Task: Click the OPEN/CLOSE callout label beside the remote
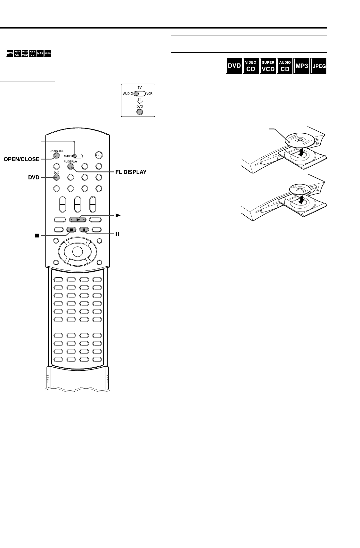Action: pyautogui.click(x=21, y=159)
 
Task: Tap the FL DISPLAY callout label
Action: pyautogui.click(x=130, y=172)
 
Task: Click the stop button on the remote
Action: pyautogui.click(x=72, y=229)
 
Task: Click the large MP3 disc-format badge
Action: pyautogui.click(x=301, y=66)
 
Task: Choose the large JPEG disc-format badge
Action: pyautogui.click(x=319, y=66)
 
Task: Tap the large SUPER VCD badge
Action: pyautogui.click(x=268, y=66)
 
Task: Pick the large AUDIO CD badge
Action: pyautogui.click(x=285, y=66)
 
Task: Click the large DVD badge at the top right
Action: pyautogui.click(x=234, y=66)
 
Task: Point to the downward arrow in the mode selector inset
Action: pyautogui.click(x=140, y=101)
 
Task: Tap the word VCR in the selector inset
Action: pyautogui.click(x=149, y=94)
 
